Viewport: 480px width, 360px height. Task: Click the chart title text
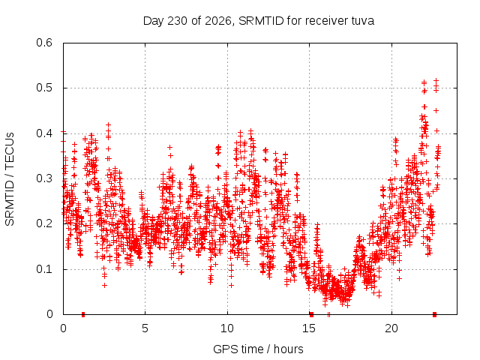[259, 21]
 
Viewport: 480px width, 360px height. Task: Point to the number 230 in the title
[177, 21]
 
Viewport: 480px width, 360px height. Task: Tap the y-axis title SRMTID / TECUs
[10, 179]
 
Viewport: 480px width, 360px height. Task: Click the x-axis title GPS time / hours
[258, 349]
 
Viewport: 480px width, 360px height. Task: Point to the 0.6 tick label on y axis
[44, 43]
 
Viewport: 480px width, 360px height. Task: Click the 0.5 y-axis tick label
[44, 88]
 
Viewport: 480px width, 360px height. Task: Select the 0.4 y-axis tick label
[44, 133]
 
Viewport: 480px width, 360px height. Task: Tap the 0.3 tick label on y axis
[44, 178]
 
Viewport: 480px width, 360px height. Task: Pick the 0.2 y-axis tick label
[44, 223]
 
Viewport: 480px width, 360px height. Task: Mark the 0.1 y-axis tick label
[44, 269]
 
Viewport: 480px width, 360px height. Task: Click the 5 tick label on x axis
[145, 328]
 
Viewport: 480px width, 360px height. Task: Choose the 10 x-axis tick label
[227, 328]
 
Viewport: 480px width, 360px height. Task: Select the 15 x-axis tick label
[309, 328]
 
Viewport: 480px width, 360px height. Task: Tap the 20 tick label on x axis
[391, 328]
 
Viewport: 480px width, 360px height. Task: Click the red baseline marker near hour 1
[83, 314]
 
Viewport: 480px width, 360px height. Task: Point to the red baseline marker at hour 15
[312, 314]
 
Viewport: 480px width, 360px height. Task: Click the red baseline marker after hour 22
[434, 314]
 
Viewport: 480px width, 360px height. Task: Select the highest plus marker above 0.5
[436, 80]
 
